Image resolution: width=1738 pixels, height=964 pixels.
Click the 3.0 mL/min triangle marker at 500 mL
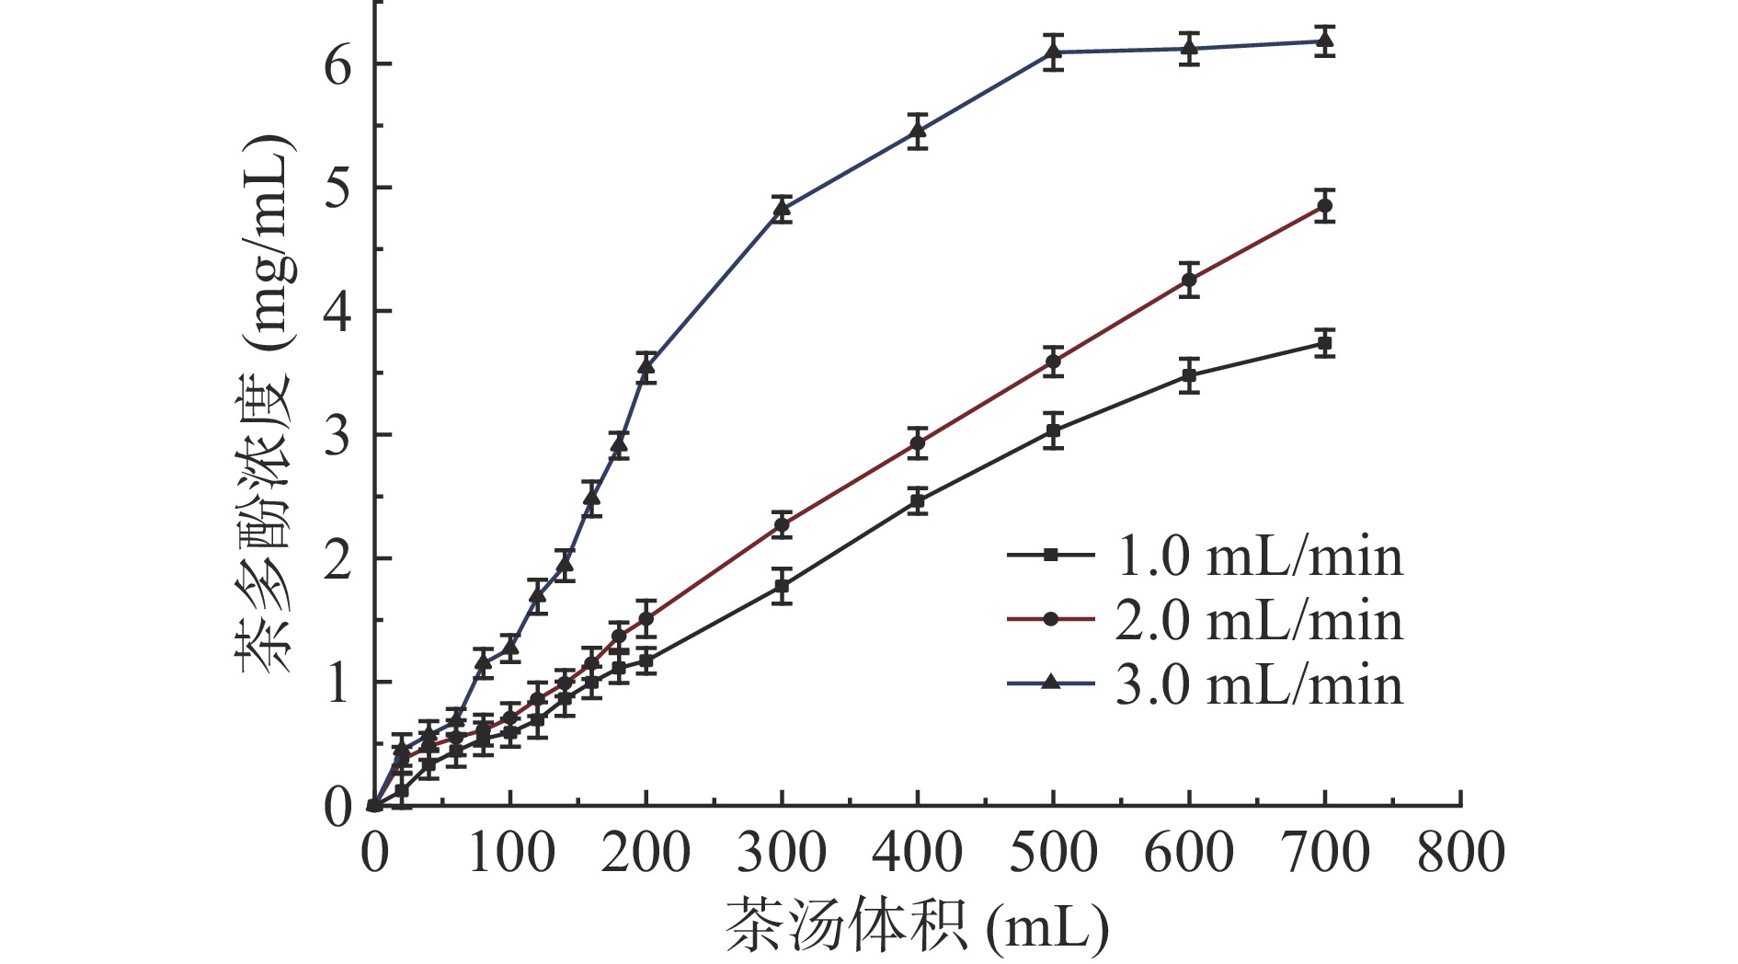(x=1054, y=52)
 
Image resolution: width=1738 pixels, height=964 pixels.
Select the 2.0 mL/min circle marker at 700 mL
(x=1325, y=206)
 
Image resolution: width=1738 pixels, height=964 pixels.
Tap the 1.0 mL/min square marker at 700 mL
(x=1325, y=344)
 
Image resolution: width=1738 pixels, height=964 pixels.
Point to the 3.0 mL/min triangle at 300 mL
(x=782, y=209)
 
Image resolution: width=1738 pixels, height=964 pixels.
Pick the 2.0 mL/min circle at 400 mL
(x=918, y=443)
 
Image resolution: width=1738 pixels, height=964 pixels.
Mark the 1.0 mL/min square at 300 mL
(x=782, y=586)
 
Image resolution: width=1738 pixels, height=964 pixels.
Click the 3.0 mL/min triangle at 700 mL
(x=1325, y=40)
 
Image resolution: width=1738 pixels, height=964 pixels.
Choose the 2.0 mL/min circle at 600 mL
(x=1190, y=280)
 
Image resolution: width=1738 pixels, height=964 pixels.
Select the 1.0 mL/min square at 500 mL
(x=1054, y=430)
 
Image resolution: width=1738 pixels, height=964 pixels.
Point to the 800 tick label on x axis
(x=1460, y=852)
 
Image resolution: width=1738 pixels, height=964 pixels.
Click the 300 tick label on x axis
(x=782, y=852)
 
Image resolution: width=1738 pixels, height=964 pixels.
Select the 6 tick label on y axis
(x=338, y=64)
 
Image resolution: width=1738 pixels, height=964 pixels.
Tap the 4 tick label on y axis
(x=338, y=312)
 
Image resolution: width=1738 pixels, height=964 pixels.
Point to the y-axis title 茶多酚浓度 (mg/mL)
(x=267, y=405)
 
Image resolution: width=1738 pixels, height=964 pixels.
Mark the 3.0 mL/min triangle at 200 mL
(x=646, y=367)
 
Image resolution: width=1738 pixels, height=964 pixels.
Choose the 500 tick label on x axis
(x=1054, y=852)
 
